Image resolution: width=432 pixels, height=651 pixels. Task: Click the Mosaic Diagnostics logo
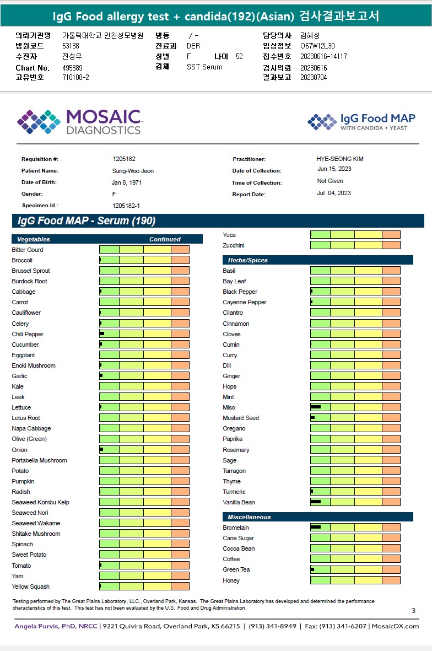click(x=79, y=122)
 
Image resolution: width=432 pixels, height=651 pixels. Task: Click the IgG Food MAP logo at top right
click(x=361, y=121)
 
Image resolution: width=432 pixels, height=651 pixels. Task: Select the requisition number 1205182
click(x=124, y=159)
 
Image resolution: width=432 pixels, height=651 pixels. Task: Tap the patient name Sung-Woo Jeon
click(x=133, y=171)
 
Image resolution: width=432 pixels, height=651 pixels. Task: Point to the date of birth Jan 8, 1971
click(x=127, y=182)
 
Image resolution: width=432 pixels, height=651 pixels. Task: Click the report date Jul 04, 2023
click(x=334, y=193)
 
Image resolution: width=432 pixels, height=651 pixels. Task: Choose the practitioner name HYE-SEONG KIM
click(x=340, y=159)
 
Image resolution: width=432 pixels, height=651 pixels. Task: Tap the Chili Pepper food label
click(x=28, y=334)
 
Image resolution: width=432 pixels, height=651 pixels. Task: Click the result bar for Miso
click(x=355, y=407)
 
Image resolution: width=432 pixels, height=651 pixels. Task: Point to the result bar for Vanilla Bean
click(x=355, y=502)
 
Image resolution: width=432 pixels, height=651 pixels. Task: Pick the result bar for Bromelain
click(x=355, y=528)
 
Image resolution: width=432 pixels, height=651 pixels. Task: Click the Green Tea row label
click(x=236, y=569)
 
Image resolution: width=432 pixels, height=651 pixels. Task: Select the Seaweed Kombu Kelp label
click(x=40, y=502)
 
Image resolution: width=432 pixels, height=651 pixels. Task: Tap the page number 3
click(x=413, y=610)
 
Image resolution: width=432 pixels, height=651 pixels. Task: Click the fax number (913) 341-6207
click(x=342, y=626)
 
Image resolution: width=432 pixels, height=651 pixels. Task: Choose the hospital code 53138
click(x=71, y=46)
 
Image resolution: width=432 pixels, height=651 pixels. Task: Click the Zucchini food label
click(x=234, y=245)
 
